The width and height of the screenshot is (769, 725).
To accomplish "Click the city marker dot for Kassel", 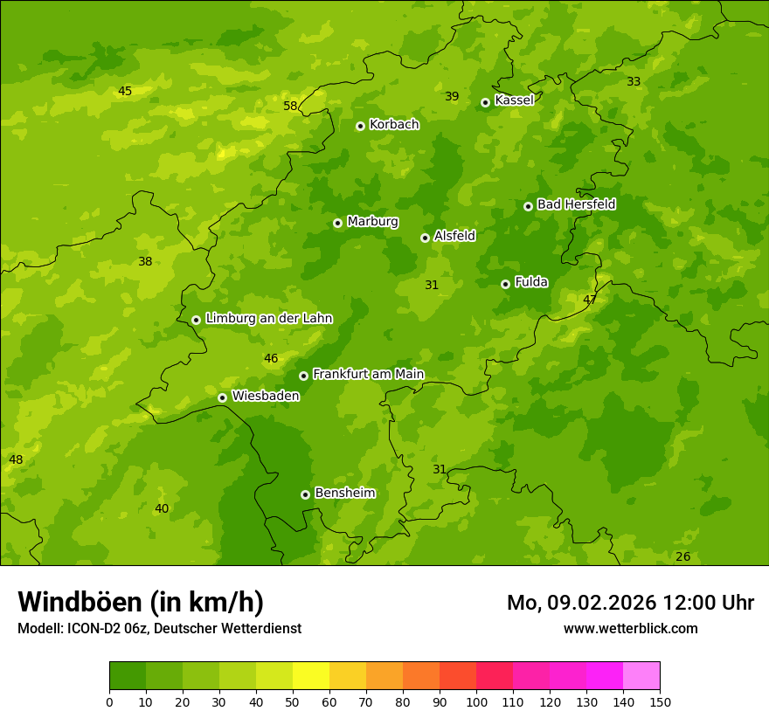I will click(x=485, y=102).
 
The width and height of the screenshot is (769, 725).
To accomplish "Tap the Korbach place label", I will click(x=394, y=125).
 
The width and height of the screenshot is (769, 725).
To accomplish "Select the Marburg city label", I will click(x=372, y=222).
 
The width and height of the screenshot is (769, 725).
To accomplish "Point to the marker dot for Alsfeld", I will click(x=425, y=238).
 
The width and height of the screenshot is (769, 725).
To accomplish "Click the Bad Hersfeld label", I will click(x=576, y=204).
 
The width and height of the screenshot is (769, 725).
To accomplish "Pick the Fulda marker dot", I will click(x=505, y=284).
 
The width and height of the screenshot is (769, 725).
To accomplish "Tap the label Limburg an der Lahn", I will click(x=268, y=319).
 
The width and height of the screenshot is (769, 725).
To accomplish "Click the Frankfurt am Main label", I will click(x=368, y=375).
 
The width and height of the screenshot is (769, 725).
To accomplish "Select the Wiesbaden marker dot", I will click(x=222, y=397).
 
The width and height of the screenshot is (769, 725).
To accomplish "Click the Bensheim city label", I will click(x=344, y=494).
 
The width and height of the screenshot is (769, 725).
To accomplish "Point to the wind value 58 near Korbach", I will click(x=290, y=107).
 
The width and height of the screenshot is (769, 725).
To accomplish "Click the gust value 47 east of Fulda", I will click(x=590, y=300).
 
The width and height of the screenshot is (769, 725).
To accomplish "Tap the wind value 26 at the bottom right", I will click(x=682, y=557).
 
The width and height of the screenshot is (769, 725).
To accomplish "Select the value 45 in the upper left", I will click(x=125, y=92).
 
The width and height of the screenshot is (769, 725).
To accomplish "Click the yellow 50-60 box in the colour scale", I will click(x=311, y=676).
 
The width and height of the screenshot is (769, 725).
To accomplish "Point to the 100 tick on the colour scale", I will click(x=476, y=701).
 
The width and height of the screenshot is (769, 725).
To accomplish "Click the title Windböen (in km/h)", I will click(x=141, y=602).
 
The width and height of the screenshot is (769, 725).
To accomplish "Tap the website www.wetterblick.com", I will click(x=630, y=629).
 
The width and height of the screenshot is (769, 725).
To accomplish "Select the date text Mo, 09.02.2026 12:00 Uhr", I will click(x=630, y=603).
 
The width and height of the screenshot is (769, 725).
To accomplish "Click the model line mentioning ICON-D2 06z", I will click(x=159, y=629).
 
